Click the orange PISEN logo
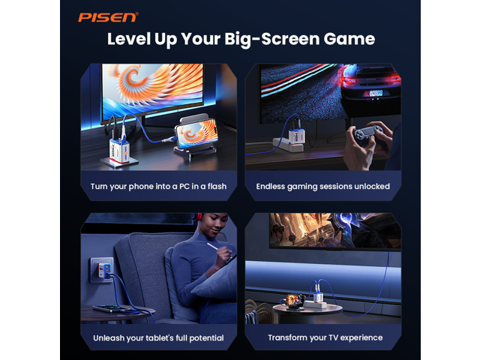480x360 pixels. (x=108, y=17)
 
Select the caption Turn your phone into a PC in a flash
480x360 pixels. (x=158, y=187)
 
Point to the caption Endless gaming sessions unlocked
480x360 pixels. (x=323, y=187)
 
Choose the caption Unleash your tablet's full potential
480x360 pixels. (x=158, y=338)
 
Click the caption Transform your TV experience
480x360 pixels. (x=325, y=337)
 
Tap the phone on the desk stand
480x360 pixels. (x=196, y=132)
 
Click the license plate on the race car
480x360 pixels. (x=374, y=93)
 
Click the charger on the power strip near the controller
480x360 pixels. (x=296, y=136)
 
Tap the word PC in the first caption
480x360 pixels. (x=184, y=187)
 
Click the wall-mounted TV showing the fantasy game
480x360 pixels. (x=335, y=232)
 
